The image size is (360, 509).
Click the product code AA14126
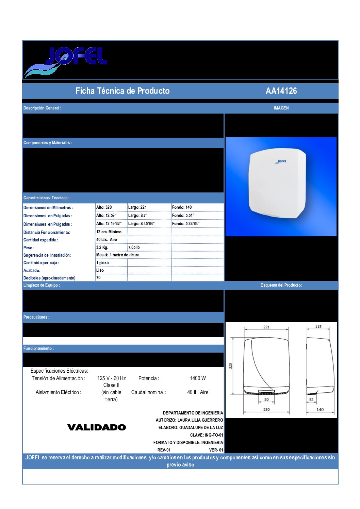[x=281, y=91]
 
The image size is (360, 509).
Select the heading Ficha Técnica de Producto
[x=122, y=91]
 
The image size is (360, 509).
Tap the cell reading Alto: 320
[x=104, y=207]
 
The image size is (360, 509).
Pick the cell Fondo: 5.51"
[x=183, y=216]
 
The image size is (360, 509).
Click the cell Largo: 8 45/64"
[x=141, y=224]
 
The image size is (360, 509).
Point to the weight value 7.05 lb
[x=134, y=248]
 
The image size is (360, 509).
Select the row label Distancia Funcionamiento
[x=47, y=233]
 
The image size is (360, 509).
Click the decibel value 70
[x=98, y=278]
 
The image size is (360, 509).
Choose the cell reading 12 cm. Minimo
[x=109, y=232]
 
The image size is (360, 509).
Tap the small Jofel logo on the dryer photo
[x=281, y=162]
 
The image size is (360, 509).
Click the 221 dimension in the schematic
[x=266, y=327]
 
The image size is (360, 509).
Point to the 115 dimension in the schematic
[x=318, y=327]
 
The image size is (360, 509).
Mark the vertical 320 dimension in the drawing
[x=230, y=366]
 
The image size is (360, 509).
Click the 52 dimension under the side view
[x=311, y=400]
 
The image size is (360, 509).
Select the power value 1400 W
[x=198, y=378]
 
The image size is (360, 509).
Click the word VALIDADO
[x=97, y=427]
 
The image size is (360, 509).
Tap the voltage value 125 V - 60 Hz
[x=111, y=378]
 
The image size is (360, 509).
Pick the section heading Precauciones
[x=36, y=317]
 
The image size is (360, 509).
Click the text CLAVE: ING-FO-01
[x=207, y=435]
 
